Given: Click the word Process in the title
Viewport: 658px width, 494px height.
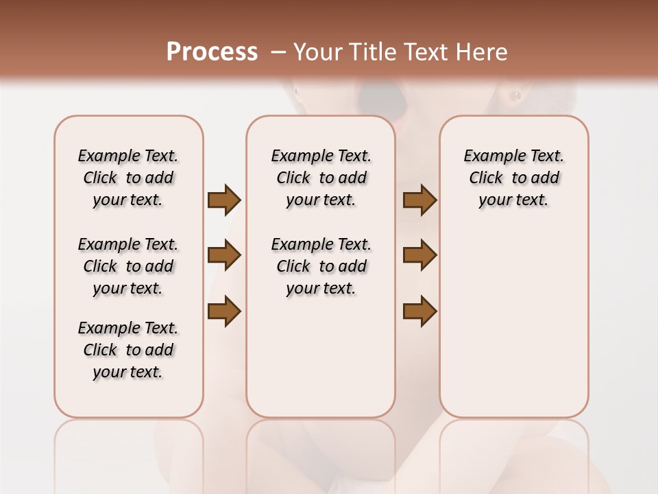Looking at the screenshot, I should click(212, 51).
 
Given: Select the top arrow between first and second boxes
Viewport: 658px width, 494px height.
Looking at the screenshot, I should click(224, 200).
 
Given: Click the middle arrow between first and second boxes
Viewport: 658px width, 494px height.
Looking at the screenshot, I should click(224, 255).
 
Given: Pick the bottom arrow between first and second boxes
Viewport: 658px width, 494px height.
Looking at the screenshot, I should click(224, 311).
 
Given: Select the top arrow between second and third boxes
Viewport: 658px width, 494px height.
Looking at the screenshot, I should click(419, 200).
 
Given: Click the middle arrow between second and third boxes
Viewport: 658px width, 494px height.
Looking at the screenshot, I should click(419, 255).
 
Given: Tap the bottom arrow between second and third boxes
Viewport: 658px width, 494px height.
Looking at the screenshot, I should click(419, 311).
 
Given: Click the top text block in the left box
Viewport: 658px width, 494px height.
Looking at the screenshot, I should click(128, 178).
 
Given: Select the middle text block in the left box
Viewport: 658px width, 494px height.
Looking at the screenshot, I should click(128, 266).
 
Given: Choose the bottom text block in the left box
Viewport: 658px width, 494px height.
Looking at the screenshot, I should click(128, 350).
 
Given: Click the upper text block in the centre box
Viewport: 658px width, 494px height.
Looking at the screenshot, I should click(321, 178).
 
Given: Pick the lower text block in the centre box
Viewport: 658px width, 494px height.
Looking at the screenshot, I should click(321, 266).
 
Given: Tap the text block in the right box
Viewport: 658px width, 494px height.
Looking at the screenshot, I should click(513, 178).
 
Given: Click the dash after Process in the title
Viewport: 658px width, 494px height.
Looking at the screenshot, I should click(278, 52).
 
